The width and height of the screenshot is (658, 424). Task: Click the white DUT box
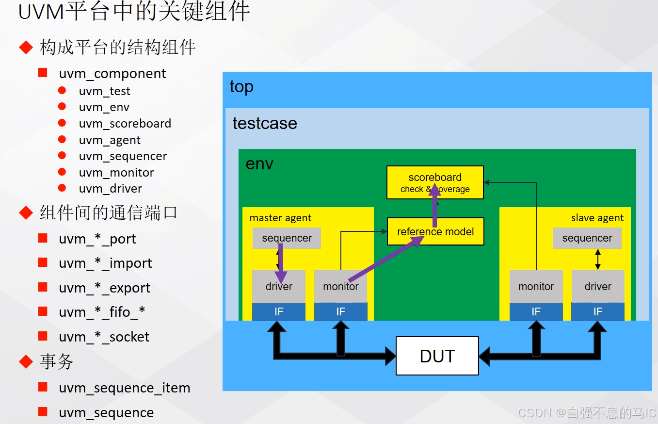point(437,356)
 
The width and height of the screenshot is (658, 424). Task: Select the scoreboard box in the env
point(435,182)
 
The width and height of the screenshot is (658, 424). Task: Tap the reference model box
point(435,232)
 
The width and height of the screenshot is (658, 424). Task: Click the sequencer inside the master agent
point(287,238)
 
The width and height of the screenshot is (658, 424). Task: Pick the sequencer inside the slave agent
point(587,238)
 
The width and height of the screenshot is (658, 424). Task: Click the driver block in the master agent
point(279,287)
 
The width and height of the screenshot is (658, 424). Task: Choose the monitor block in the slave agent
point(536,287)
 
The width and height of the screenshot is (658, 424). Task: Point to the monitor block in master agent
point(340,287)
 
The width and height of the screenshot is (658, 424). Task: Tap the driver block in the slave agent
point(597,287)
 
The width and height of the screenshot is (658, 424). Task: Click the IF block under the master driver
point(279,312)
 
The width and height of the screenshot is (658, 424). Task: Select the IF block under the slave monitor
point(536,312)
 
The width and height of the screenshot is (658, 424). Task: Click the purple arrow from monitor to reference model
point(383,260)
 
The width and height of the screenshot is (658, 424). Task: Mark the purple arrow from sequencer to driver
point(281,264)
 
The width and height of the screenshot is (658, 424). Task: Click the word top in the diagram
point(241,87)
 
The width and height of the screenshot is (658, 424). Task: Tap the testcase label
point(265,123)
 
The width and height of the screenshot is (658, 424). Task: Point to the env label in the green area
point(259,164)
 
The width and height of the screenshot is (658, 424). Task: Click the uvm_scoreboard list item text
point(125,124)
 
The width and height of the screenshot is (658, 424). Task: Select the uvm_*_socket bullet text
point(104,337)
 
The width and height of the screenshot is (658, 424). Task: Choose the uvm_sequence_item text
point(125,388)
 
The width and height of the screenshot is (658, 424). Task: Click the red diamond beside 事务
point(26,361)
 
